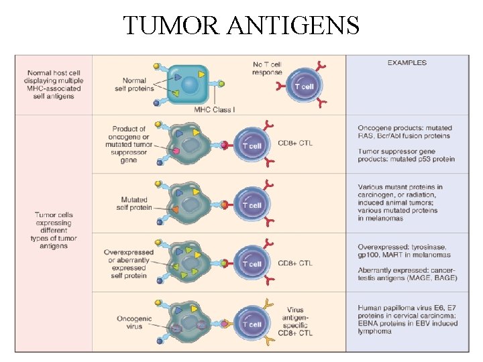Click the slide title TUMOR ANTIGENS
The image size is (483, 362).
pos(241,25)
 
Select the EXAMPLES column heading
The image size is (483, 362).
pos(407,63)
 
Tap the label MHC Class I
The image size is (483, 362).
pos(214,109)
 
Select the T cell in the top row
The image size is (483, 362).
pos(304,86)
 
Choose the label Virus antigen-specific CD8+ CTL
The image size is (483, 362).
pos(294,321)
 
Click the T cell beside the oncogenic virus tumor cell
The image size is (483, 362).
pos(252,324)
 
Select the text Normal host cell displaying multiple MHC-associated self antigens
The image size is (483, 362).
pos(54,84)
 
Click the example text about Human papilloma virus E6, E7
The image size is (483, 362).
pos(407,319)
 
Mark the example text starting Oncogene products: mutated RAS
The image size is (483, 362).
pos(405,131)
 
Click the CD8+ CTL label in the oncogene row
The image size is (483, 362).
pos(294,143)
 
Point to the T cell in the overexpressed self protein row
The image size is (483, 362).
pos(252,263)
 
